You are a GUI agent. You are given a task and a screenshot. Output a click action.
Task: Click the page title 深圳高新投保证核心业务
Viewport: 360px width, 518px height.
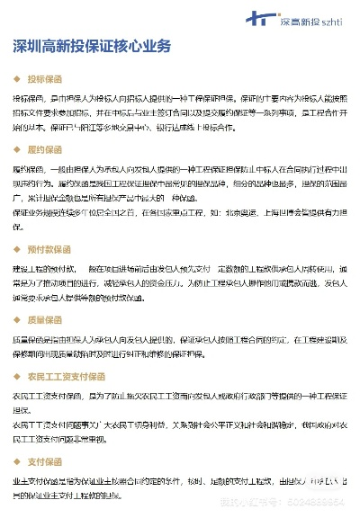(92, 47)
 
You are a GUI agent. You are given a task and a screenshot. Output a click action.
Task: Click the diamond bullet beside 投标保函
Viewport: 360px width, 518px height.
(17, 78)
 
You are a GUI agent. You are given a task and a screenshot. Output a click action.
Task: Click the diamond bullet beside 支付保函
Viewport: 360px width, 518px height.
(17, 461)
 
